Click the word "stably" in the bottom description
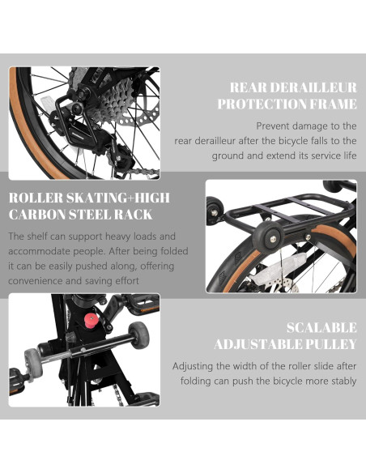pyautogui.click(x=340, y=381)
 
